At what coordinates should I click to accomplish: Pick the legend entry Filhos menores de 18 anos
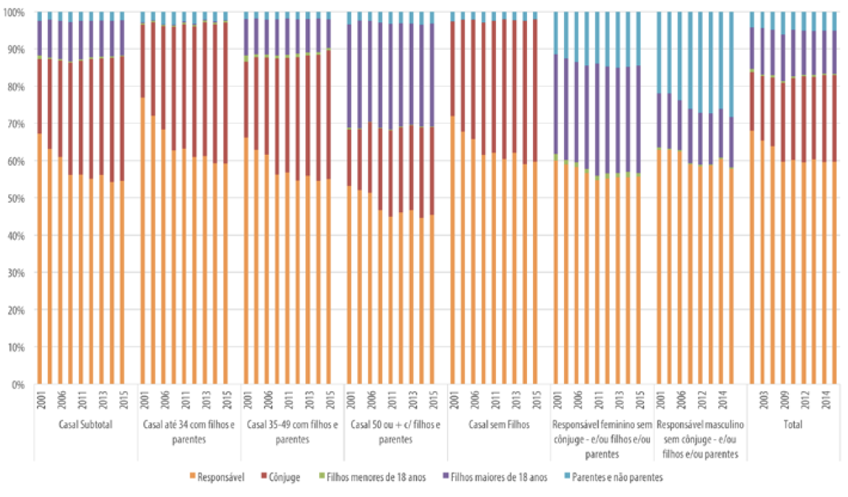(372, 477)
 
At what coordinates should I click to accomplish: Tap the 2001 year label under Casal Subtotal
(40, 399)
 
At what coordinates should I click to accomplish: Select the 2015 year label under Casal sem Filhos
(535, 399)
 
